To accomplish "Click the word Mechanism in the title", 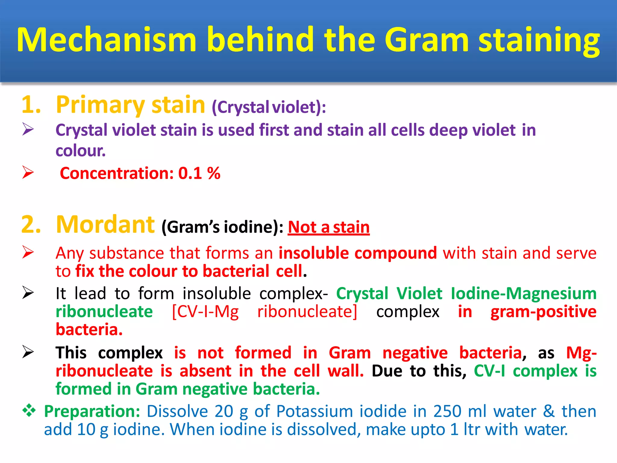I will (x=107, y=40).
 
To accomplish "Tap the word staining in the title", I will (x=539, y=41).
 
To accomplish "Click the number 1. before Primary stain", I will (x=31, y=105).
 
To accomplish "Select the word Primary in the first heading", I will (x=100, y=105).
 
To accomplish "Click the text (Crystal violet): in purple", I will (x=269, y=107).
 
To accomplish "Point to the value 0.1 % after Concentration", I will (x=199, y=173).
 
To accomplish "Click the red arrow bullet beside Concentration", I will (x=28, y=172).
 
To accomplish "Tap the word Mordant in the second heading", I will (x=105, y=225).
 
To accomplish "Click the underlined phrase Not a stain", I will (x=329, y=227).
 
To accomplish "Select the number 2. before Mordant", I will (x=31, y=225).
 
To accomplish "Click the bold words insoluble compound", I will (x=358, y=253).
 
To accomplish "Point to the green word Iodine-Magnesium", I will (x=524, y=293).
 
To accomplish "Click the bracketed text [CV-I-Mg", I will (x=205, y=312).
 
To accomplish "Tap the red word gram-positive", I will (x=543, y=312).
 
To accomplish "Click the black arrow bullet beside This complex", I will (x=28, y=352).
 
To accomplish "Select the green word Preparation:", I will (x=92, y=411).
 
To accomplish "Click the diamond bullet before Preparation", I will (x=29, y=411).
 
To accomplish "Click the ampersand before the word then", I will (x=549, y=411).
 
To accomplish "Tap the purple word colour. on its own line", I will (x=80, y=150).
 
